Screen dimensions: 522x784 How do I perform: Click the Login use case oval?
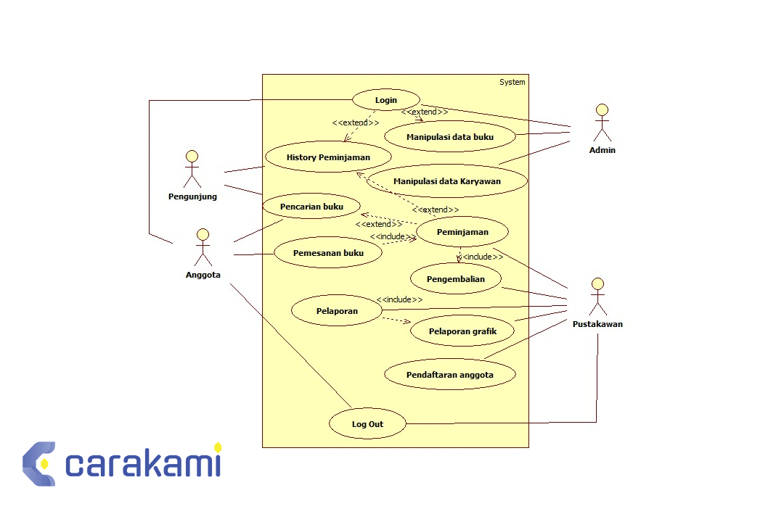tap(385, 100)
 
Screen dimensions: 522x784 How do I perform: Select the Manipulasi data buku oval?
tap(450, 136)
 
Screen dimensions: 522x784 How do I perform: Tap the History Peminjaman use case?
tap(328, 157)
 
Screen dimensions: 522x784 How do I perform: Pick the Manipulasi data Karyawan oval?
tap(446, 181)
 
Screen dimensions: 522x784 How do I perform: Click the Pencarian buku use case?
tap(311, 207)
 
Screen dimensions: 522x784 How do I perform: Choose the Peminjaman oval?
tap(462, 232)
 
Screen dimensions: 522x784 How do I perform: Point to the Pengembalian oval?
tap(456, 278)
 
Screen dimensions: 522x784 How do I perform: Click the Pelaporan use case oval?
tap(337, 311)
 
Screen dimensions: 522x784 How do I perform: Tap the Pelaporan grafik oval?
tap(462, 331)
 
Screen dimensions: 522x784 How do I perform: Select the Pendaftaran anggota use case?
tap(449, 375)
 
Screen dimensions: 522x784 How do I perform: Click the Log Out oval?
tap(367, 424)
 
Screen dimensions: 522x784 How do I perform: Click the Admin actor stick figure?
tap(602, 123)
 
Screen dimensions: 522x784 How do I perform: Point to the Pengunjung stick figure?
tap(192, 169)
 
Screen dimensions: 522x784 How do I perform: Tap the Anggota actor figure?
tap(203, 247)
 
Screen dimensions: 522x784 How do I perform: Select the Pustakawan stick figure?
tap(597, 297)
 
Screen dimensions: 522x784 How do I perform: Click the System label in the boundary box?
tap(512, 82)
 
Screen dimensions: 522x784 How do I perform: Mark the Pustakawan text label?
tap(597, 324)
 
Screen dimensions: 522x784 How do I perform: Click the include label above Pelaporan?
tap(399, 299)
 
